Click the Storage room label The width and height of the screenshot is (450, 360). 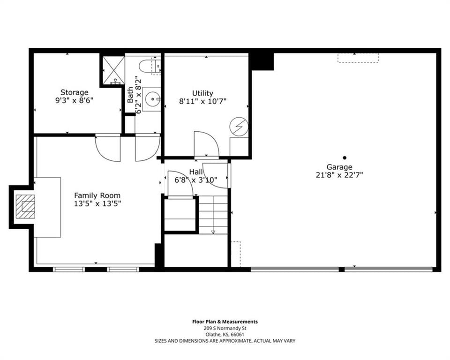pyautogui.click(x=75, y=92)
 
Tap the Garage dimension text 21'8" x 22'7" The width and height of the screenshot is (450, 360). pyautogui.click(x=339, y=175)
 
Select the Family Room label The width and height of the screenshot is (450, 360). pyautogui.click(x=97, y=195)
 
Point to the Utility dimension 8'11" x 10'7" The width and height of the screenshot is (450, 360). pyautogui.click(x=203, y=101)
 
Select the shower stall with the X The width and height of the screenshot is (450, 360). pyautogui.click(x=114, y=70)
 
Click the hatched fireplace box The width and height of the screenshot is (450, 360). pyautogui.click(x=25, y=206)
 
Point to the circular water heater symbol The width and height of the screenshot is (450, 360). pyautogui.click(x=239, y=126)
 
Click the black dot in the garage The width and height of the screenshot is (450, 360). pyautogui.click(x=345, y=157)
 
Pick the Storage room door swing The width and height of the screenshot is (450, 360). pyautogui.click(x=108, y=148)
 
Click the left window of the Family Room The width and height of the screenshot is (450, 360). pyautogui.click(x=69, y=270)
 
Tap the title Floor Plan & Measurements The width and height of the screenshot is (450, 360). pyautogui.click(x=225, y=322)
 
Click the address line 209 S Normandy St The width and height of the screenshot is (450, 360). pyautogui.click(x=225, y=328)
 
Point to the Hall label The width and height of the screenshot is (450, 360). pyautogui.click(x=196, y=172)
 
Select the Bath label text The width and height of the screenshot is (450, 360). pyautogui.click(x=130, y=95)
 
